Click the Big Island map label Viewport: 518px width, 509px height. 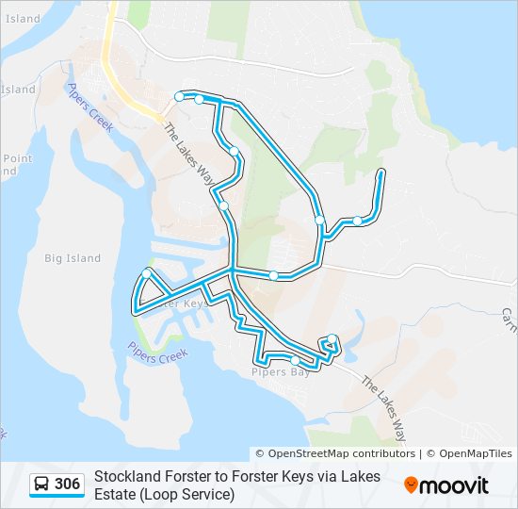(72, 258)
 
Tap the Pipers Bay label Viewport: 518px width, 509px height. (281, 372)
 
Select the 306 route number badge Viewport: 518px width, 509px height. (67, 484)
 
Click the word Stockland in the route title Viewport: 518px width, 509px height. (128, 477)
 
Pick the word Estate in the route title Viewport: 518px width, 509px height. (115, 494)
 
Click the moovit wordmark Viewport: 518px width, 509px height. (455, 485)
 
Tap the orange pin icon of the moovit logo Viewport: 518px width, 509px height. (412, 485)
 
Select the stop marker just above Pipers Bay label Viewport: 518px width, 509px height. (295, 360)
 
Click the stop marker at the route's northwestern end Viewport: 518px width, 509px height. (179, 96)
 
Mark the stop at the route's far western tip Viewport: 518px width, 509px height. (147, 273)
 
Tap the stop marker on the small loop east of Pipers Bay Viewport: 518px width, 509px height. (332, 339)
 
